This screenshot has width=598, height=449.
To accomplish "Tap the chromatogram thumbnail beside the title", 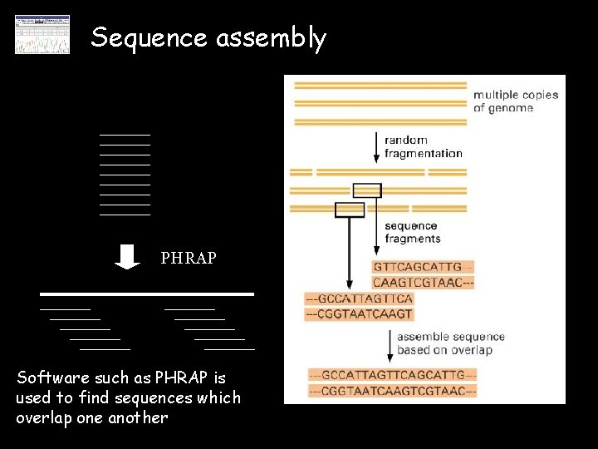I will pyautogui.click(x=42, y=35).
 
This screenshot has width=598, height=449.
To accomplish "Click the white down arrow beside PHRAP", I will pyautogui.click(x=127, y=256).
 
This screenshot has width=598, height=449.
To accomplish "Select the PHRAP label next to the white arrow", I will pyautogui.click(x=189, y=259).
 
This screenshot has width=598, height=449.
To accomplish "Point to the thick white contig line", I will pyautogui.click(x=148, y=294).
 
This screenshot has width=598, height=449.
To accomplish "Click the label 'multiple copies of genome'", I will pyautogui.click(x=515, y=101).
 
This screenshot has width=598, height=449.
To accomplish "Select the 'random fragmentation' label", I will pyautogui.click(x=423, y=146).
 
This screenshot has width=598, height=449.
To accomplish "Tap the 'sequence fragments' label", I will pyautogui.click(x=412, y=232).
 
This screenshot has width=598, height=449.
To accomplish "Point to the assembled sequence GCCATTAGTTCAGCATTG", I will pyautogui.click(x=392, y=375).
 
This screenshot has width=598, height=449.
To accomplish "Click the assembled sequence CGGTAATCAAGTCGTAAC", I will pyautogui.click(x=392, y=391).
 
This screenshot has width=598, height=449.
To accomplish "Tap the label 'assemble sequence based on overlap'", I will pyautogui.click(x=450, y=343).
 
